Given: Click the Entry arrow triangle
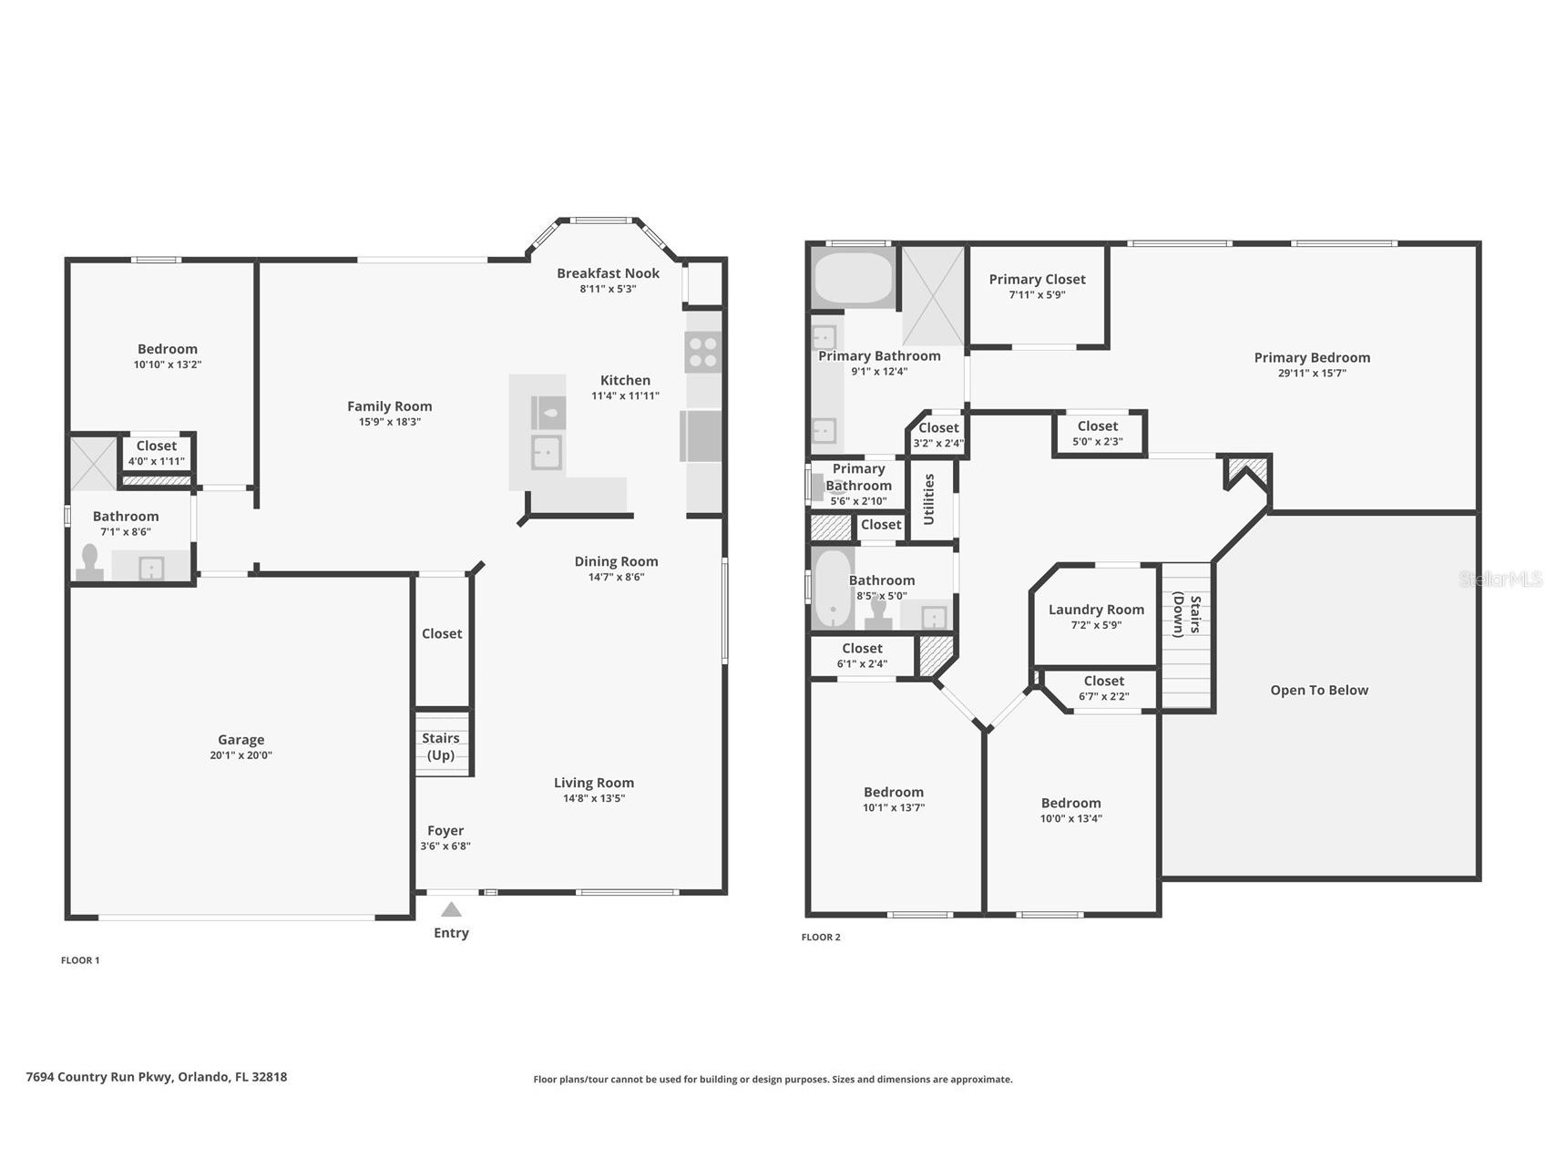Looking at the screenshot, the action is pyautogui.click(x=451, y=909).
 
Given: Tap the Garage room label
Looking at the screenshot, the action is pyautogui.click(x=241, y=740).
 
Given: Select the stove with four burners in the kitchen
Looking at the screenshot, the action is pyautogui.click(x=703, y=353).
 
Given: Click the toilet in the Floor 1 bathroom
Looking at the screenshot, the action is pyautogui.click(x=90, y=562).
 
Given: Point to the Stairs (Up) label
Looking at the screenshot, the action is pyautogui.click(x=441, y=746).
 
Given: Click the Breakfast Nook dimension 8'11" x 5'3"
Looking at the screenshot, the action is pyautogui.click(x=608, y=289).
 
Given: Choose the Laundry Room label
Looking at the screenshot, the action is pyautogui.click(x=1096, y=610).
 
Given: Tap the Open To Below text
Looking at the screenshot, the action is pyautogui.click(x=1319, y=690).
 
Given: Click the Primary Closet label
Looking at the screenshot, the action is pyautogui.click(x=1037, y=279).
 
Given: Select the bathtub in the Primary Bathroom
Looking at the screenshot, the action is pyautogui.click(x=854, y=279).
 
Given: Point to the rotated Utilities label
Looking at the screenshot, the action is pyautogui.click(x=929, y=499).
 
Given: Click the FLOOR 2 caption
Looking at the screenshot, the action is pyautogui.click(x=821, y=937).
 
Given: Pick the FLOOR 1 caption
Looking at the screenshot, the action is pyautogui.click(x=80, y=959).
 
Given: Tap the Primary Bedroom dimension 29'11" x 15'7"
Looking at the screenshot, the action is pyautogui.click(x=1312, y=373).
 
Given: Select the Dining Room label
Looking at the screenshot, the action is pyautogui.click(x=616, y=561).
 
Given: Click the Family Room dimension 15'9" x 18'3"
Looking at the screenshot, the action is pyautogui.click(x=389, y=422).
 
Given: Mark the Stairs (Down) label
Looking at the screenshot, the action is pyautogui.click(x=1186, y=615).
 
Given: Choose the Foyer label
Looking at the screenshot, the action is pyautogui.click(x=445, y=830).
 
